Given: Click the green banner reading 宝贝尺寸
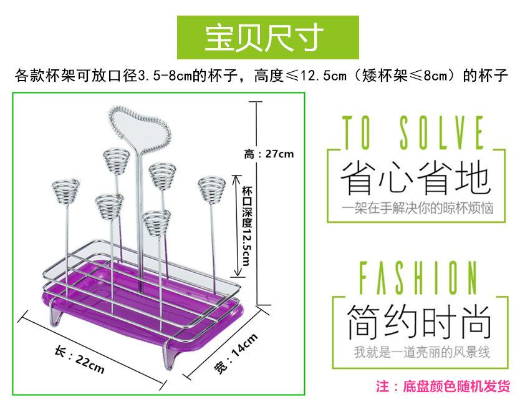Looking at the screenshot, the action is [x=268, y=37].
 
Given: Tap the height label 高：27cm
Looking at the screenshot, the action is [x=269, y=154].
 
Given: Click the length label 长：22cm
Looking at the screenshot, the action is [x=80, y=360].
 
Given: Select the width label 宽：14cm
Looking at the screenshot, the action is [x=236, y=353].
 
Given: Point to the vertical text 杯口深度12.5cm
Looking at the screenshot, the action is [x=247, y=226].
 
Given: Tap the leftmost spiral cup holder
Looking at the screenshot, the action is [x=65, y=192].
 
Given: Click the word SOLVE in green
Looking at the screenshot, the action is [x=441, y=132].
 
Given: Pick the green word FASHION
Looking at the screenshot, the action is [x=418, y=278].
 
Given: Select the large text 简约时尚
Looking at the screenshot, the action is [x=419, y=322].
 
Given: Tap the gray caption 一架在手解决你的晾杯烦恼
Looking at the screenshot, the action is [x=418, y=209].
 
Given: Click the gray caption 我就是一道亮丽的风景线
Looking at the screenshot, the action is [x=422, y=352].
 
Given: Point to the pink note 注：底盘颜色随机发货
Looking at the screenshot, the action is [x=443, y=387].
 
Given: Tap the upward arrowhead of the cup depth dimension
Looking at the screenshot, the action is [x=236, y=179].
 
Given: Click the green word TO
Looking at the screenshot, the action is [x=356, y=132].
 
